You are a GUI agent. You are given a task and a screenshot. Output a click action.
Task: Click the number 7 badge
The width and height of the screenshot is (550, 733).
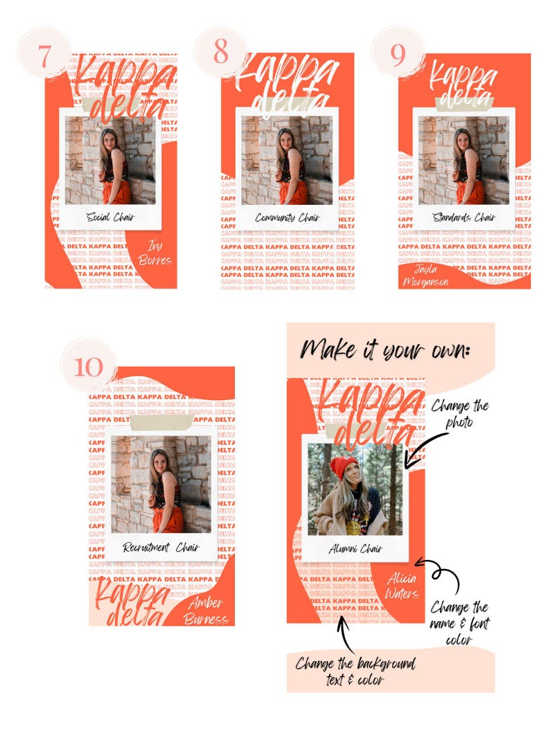pos(45,55)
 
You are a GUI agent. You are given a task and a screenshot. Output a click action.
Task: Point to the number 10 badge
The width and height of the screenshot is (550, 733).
pos(88,366)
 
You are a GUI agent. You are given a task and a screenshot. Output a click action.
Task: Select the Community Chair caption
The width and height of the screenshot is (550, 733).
pos(286,217)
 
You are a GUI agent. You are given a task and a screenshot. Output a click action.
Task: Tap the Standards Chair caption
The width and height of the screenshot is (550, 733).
pos(463,217)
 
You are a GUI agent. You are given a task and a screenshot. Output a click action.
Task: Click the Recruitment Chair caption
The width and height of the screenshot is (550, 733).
pos(161,547)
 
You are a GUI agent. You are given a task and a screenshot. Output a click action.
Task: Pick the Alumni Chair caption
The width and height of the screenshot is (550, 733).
pos(355,549)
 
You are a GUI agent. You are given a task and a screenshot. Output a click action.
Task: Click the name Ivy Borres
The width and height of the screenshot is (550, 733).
pos(154,253)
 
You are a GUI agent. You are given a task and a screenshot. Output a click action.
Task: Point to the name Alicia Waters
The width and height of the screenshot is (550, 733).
pos(403,587)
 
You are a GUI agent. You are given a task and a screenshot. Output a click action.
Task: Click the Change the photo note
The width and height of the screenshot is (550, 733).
pos(460,413)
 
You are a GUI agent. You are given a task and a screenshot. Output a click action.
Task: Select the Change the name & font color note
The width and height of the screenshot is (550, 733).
pos(459,624)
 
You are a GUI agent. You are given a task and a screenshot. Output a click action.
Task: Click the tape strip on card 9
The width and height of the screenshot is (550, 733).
pos(463,102)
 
